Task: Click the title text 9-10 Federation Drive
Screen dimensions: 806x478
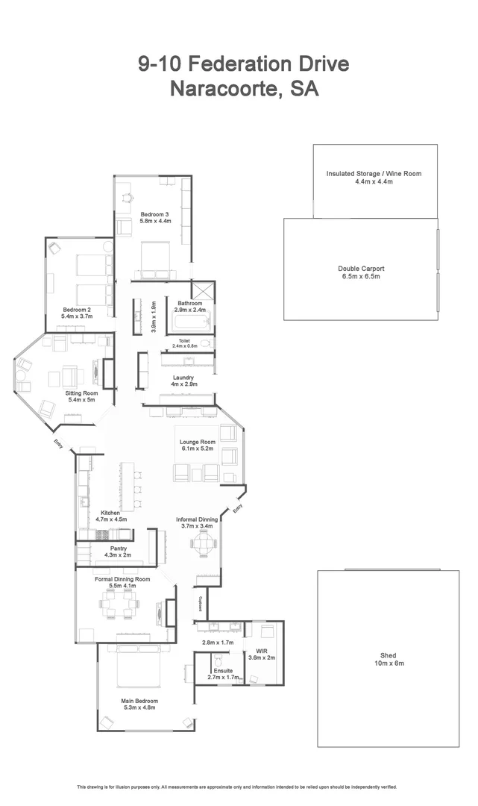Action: (x=243, y=64)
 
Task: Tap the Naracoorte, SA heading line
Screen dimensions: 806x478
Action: (x=244, y=89)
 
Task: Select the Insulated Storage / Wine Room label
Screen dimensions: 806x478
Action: (x=374, y=178)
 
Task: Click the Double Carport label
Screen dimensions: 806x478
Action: (x=361, y=272)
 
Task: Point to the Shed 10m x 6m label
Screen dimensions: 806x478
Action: (x=389, y=659)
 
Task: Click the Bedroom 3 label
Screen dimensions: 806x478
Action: (x=156, y=218)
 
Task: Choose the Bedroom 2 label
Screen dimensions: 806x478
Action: (x=76, y=313)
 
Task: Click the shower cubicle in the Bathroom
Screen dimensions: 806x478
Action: (x=202, y=290)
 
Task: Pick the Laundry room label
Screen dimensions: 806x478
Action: (x=183, y=381)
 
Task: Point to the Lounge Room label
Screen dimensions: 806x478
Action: (x=197, y=446)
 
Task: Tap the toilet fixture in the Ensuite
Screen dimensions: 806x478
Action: (x=218, y=660)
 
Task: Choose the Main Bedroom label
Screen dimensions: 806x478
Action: (x=139, y=705)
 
